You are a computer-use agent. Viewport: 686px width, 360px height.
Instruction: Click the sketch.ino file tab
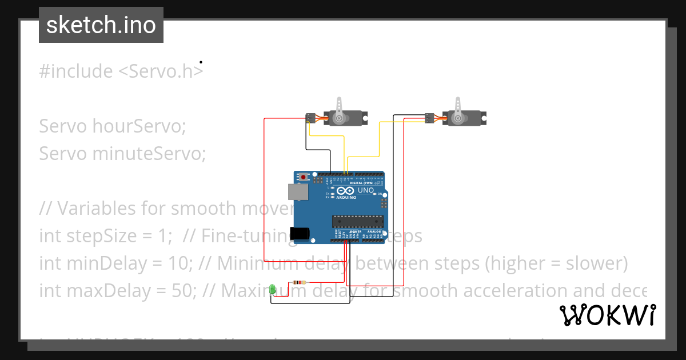101,25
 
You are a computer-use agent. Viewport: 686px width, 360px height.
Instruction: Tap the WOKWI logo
607,315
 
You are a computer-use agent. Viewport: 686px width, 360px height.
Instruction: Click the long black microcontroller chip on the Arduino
359,220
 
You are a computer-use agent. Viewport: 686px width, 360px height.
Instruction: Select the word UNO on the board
366,190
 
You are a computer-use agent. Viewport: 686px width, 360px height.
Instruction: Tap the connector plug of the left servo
310,118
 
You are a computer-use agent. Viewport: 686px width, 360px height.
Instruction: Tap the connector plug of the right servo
428,118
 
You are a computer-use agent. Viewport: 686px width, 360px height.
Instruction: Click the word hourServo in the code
139,126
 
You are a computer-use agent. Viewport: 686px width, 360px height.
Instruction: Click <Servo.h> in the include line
161,71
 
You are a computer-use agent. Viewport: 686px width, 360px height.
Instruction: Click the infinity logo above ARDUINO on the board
346,191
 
